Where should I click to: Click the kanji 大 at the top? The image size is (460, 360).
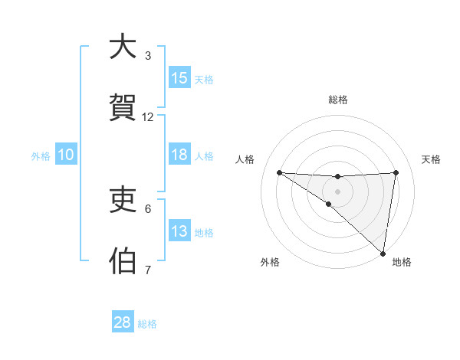123,47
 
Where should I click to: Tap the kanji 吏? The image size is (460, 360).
123,200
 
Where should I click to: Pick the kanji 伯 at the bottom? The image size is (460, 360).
123,260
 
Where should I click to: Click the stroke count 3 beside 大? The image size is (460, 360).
148,56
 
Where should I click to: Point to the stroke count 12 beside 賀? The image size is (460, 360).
148,117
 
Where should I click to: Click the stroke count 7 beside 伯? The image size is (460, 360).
148,270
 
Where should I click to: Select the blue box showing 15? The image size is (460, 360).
179,78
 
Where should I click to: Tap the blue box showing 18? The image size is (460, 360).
179,155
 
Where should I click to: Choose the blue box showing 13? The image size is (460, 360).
179,231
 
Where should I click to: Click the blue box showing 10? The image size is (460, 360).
66,155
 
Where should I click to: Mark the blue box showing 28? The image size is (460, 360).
123,322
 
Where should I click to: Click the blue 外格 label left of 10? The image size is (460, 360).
41,155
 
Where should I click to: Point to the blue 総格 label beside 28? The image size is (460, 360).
147,324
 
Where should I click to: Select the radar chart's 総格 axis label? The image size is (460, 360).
338,100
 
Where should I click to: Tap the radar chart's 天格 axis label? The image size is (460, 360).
431,159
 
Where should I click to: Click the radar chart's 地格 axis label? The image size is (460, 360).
402,262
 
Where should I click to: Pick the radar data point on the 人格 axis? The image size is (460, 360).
279,172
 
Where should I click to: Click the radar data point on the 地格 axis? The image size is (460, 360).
383,254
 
